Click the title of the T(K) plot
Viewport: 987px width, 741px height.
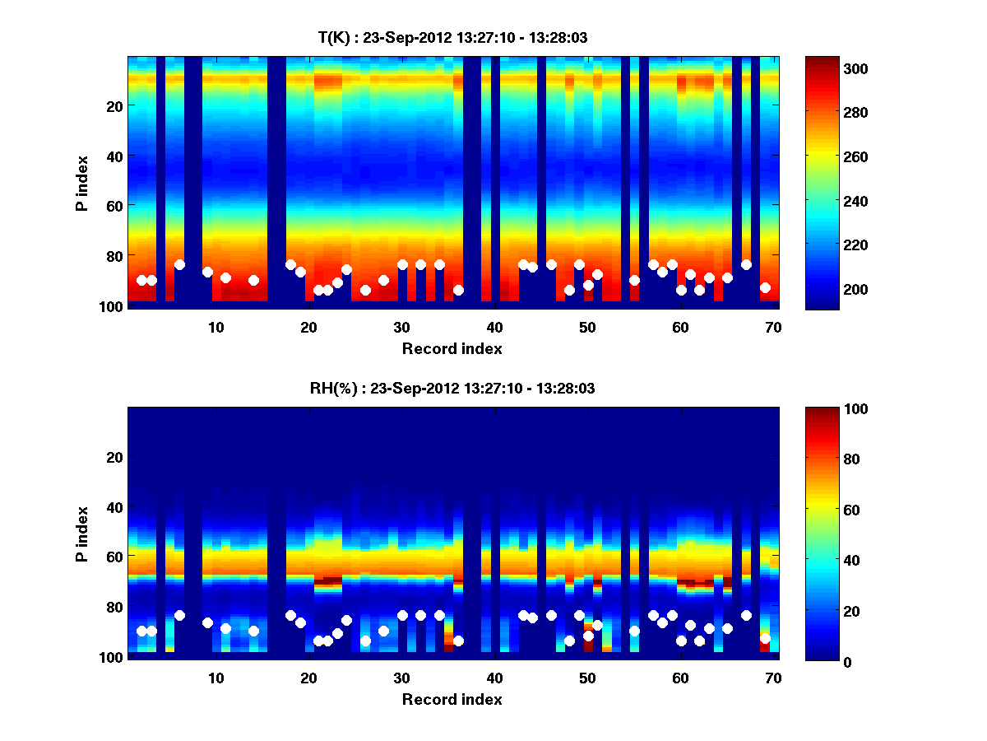pyautogui.click(x=452, y=37)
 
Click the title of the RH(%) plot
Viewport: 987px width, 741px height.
pyautogui.click(x=452, y=389)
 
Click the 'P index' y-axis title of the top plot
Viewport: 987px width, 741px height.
pyautogui.click(x=83, y=183)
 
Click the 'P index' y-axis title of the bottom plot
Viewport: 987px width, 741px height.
pyautogui.click(x=83, y=534)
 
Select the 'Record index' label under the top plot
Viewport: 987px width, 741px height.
pyautogui.click(x=452, y=348)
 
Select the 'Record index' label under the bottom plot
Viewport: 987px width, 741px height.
pyautogui.click(x=452, y=699)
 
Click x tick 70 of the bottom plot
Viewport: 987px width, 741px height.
pyautogui.click(x=774, y=678)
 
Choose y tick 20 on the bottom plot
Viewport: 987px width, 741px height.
pyautogui.click(x=114, y=457)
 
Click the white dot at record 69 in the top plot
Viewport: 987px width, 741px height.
pyautogui.click(x=765, y=287)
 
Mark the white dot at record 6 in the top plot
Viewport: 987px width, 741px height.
pyautogui.click(x=179, y=264)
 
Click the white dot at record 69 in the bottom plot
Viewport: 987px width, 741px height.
pyautogui.click(x=765, y=638)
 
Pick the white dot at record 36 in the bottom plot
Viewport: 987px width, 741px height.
pyautogui.click(x=458, y=641)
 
